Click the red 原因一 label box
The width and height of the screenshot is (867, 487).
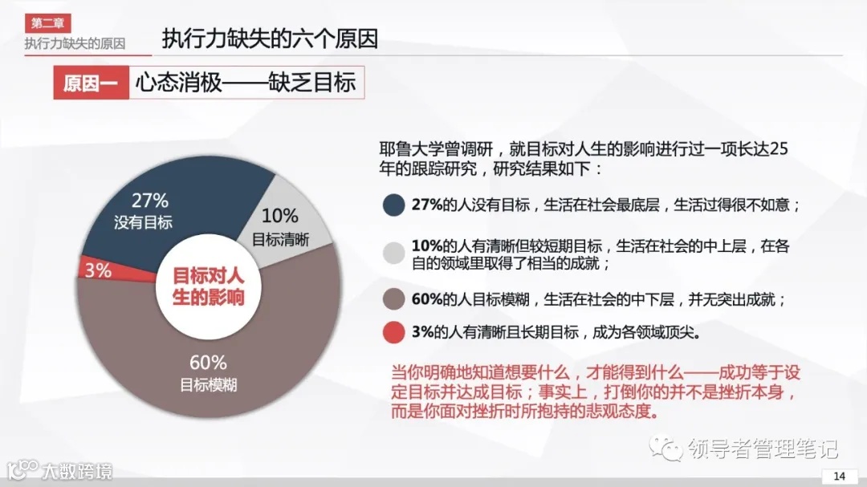(91, 83)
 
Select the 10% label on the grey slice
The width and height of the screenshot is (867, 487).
(279, 215)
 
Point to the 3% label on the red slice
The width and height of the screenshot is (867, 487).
(98, 270)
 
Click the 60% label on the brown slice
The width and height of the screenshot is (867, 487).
(208, 363)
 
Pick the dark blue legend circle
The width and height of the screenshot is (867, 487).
(393, 205)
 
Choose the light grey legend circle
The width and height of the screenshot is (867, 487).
(393, 252)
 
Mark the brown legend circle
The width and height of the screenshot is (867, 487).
(393, 299)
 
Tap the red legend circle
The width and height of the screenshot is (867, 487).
(393, 331)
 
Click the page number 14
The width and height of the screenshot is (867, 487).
(840, 476)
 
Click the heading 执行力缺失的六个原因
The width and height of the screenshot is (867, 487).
(270, 39)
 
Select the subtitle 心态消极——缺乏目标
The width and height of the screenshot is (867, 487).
(245, 83)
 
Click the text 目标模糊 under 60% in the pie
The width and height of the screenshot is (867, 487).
(208, 385)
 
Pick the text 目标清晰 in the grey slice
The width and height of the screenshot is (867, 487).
(280, 238)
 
